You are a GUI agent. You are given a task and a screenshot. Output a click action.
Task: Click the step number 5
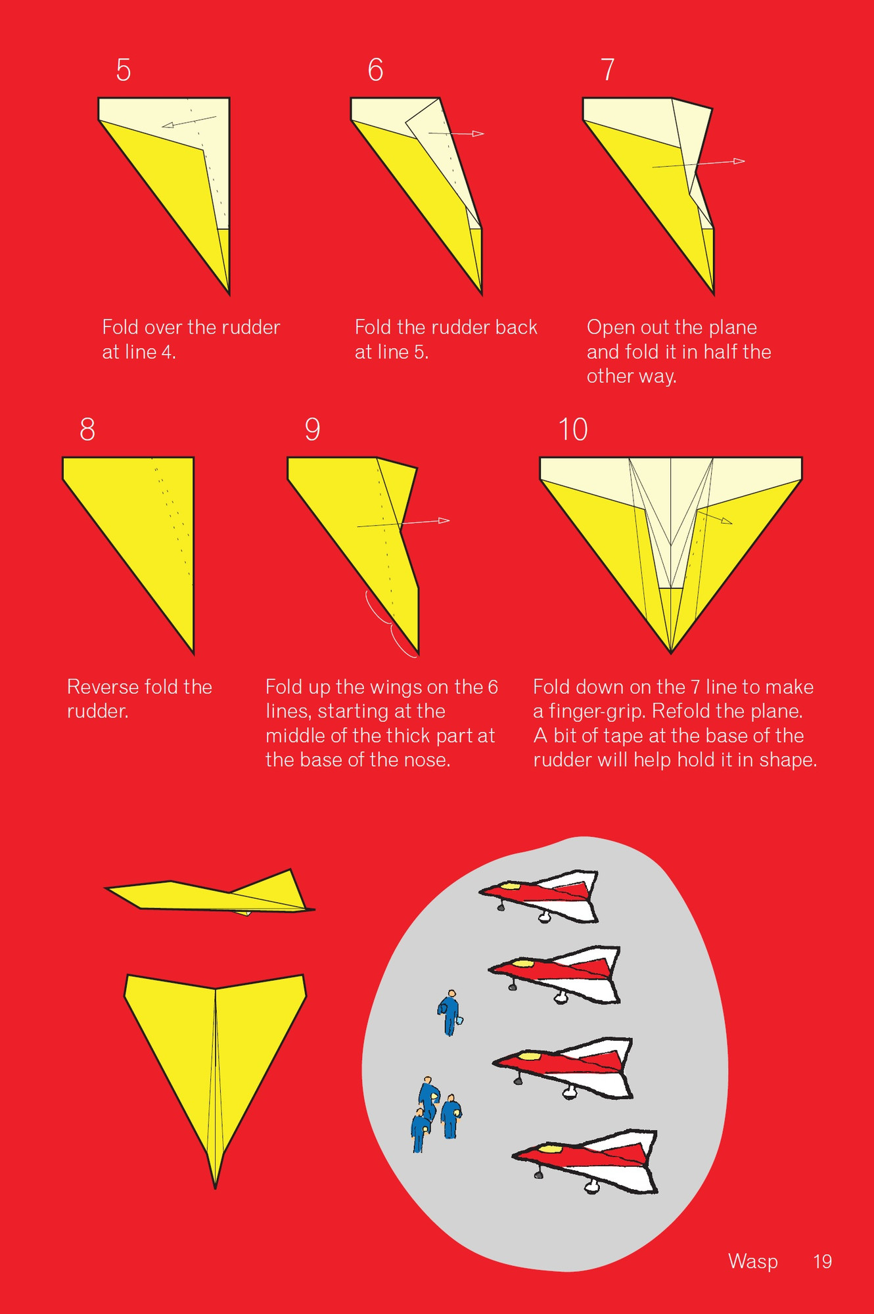pos(124,70)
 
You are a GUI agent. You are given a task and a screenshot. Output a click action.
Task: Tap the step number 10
pos(572,430)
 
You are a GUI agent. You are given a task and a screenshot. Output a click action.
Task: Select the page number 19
pos(822,1261)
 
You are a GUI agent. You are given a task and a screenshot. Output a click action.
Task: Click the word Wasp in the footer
pos(752,1261)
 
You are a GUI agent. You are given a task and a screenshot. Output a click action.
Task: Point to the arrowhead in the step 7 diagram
pos(740,161)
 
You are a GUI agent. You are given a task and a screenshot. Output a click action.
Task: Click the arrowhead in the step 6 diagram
pos(479,134)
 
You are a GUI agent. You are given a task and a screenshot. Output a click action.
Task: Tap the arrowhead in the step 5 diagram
pos(168,125)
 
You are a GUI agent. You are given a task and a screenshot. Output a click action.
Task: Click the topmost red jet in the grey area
pos(542,894)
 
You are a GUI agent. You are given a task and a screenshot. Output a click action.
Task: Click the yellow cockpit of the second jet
pos(523,963)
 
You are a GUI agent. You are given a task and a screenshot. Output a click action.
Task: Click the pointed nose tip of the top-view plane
pos(216,1187)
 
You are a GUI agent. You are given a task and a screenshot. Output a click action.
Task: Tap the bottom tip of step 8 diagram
pos(193,652)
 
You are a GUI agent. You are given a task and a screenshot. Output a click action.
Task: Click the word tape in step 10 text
pos(622,736)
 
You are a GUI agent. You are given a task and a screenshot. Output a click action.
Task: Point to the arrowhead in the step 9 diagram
pos(445,520)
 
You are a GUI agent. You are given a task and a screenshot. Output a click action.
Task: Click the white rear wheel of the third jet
pos(569,1092)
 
